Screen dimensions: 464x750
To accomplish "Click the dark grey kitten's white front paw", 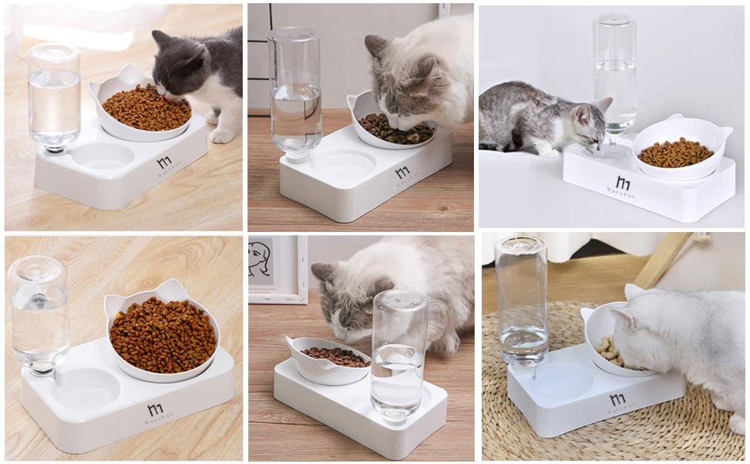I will (x=221, y=135).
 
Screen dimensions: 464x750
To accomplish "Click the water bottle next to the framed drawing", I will (x=398, y=352).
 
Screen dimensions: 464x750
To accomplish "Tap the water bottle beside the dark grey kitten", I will (x=53, y=97).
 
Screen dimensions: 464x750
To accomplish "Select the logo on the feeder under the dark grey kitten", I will (x=164, y=162).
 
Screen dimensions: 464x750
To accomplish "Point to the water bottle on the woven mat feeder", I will (x=522, y=302).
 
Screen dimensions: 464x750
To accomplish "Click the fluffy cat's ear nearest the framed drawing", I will (x=323, y=272).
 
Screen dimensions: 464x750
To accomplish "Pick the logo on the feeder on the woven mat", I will (x=617, y=400).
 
